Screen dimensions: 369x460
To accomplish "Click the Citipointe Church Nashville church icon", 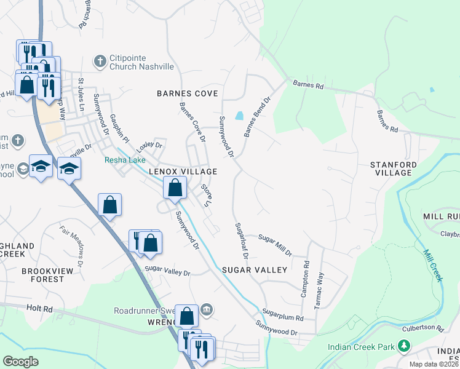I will [x=99, y=61].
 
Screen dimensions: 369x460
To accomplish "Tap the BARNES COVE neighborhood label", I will [x=188, y=93].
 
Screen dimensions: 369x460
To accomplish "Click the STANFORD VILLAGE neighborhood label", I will [x=394, y=169].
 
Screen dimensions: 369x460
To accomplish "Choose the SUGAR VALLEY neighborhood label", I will [x=255, y=270].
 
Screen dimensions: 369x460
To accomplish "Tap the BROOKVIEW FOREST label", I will [x=42, y=275].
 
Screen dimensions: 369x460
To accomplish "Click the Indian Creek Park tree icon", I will [x=404, y=347].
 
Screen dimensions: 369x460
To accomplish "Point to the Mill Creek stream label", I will [x=433, y=264].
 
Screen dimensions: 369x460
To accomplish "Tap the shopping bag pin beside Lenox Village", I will [x=175, y=188].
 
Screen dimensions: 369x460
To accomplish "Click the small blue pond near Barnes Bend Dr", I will [x=239, y=115].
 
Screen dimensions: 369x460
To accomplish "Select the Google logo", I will [x=20, y=361].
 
